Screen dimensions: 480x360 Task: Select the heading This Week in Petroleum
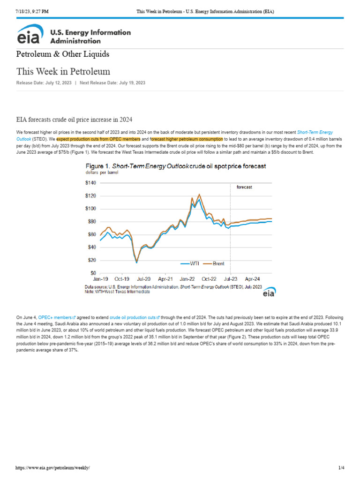point(63,72)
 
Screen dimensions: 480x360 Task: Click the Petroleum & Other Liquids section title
point(63,54)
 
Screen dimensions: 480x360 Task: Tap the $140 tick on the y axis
point(91,183)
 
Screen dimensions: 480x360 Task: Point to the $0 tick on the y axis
point(94,273)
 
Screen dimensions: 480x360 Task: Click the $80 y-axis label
point(92,222)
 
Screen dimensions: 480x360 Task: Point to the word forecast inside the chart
point(245,187)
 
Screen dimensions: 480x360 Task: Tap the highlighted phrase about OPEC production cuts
point(98,139)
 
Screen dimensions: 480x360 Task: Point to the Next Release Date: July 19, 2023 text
point(112,82)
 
